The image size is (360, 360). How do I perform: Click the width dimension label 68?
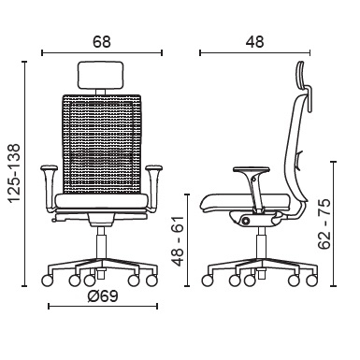(x=102, y=42)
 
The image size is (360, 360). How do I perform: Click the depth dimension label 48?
(x=254, y=42)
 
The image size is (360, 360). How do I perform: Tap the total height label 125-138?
(x=14, y=174)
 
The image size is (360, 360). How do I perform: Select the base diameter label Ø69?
(x=103, y=296)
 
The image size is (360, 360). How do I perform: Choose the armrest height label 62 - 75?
(x=324, y=223)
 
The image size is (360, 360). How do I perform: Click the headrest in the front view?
(x=100, y=76)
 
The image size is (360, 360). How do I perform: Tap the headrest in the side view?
(x=305, y=86)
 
